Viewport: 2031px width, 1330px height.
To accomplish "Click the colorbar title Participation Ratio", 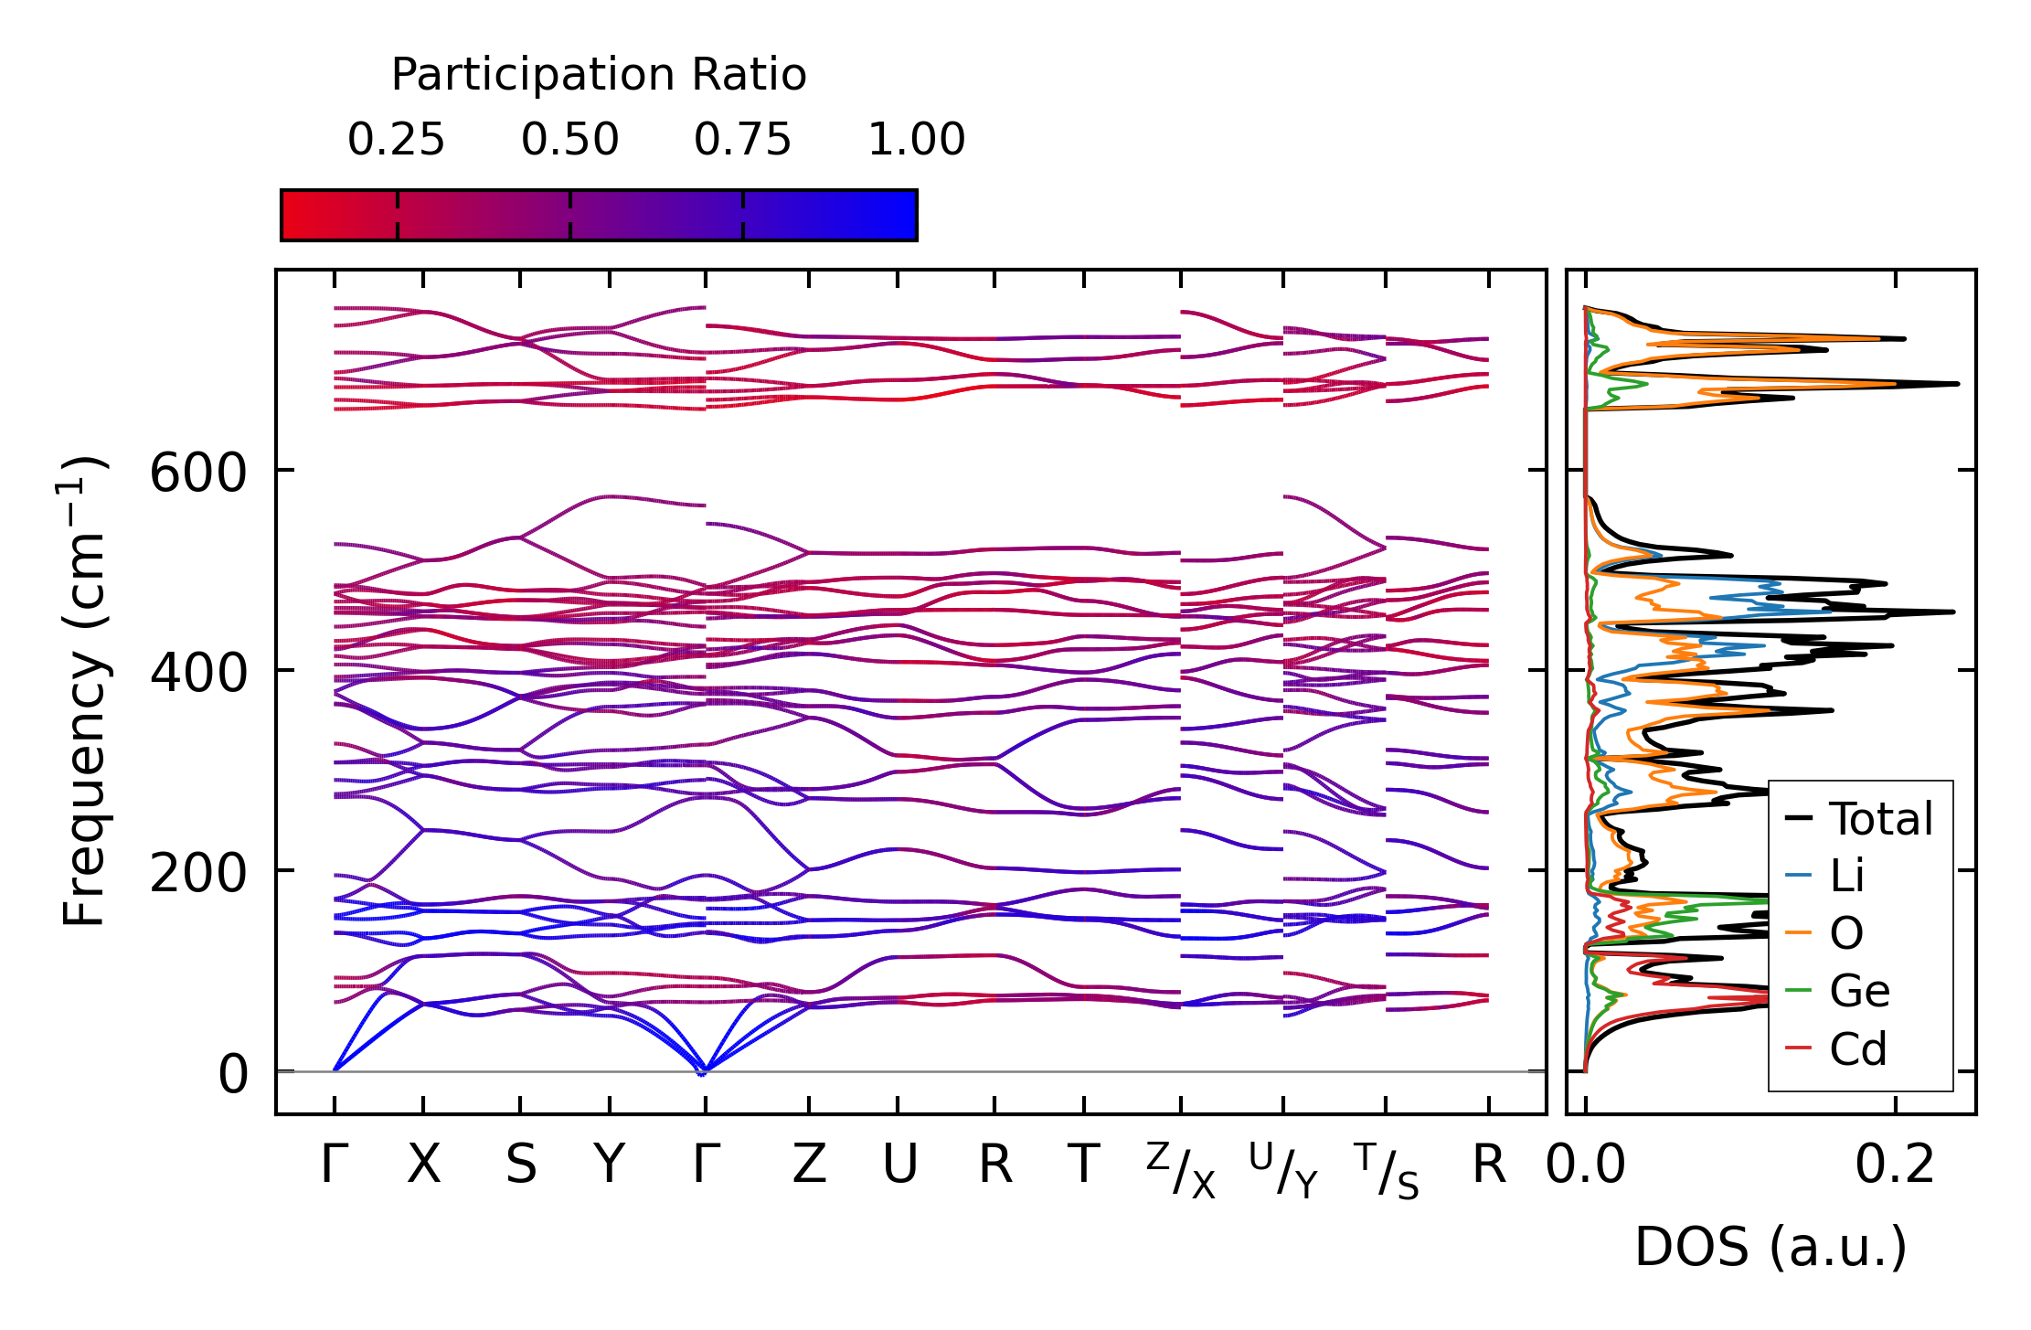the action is pos(599,75).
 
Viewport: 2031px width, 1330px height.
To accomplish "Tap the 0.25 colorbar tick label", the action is pos(396,140).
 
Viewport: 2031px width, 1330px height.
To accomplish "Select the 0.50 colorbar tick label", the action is pos(569,140).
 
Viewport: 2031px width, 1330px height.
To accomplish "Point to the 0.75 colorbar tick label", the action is pos(742,140).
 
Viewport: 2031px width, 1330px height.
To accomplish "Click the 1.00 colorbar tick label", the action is pos(916,140).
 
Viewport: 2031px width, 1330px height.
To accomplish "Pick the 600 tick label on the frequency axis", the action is pos(198,474).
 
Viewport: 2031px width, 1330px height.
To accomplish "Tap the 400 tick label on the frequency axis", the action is pos(198,674).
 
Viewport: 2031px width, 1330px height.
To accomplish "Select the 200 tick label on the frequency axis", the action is pos(198,874).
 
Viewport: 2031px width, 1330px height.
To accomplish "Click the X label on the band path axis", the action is pos(423,1165).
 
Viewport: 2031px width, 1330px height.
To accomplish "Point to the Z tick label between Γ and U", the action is pos(809,1165).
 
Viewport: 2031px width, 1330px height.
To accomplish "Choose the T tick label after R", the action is pos(1083,1165).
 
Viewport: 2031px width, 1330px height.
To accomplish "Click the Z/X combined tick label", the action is pos(1181,1171).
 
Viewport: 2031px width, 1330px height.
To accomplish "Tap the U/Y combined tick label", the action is pos(1283,1171).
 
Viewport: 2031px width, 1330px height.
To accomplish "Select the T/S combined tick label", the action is pos(1387,1171).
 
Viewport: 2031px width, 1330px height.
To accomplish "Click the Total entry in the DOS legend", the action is pos(1859,818).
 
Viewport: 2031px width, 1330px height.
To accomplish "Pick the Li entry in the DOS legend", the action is pos(1824,876).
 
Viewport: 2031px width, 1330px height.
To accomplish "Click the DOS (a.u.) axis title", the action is pos(1770,1248).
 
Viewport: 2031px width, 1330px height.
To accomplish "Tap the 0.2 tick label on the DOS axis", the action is pos(1895,1165).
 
